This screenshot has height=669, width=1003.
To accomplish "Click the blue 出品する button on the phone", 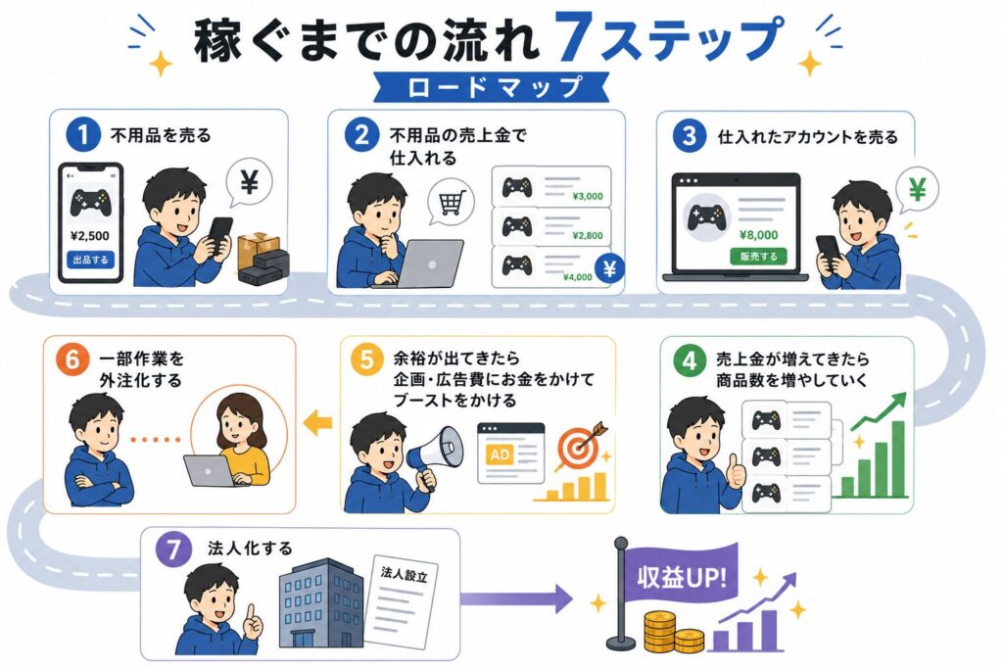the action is (90, 260).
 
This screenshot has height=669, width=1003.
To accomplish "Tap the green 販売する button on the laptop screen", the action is (759, 257).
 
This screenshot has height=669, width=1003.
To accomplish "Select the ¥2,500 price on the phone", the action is (89, 236).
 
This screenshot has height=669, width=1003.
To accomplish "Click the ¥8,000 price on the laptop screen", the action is (759, 235).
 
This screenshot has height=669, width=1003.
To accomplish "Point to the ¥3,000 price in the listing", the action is (588, 196).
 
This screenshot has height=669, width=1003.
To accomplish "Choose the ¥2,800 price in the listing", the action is (588, 235).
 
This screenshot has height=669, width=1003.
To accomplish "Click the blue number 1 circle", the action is (82, 135).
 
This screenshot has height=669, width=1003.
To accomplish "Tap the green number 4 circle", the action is (690, 360).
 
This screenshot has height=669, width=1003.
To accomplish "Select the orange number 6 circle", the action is (72, 359).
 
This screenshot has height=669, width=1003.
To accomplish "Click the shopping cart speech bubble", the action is (451, 202).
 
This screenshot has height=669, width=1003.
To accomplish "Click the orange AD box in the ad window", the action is (500, 454).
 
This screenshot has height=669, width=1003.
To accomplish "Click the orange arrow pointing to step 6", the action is (318, 422).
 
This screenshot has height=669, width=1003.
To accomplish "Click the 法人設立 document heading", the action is (404, 574).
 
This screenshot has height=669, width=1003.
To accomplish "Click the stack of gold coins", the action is (672, 631).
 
